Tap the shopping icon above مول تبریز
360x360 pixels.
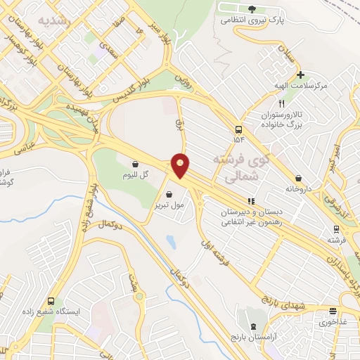click(x=169, y=194)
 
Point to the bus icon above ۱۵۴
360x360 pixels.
click(x=239, y=129)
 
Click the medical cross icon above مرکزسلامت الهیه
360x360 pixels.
click(x=300, y=74)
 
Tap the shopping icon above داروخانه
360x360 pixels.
click(x=301, y=178)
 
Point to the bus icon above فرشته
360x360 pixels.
click(x=336, y=229)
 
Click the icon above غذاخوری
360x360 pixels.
click(x=333, y=311)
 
